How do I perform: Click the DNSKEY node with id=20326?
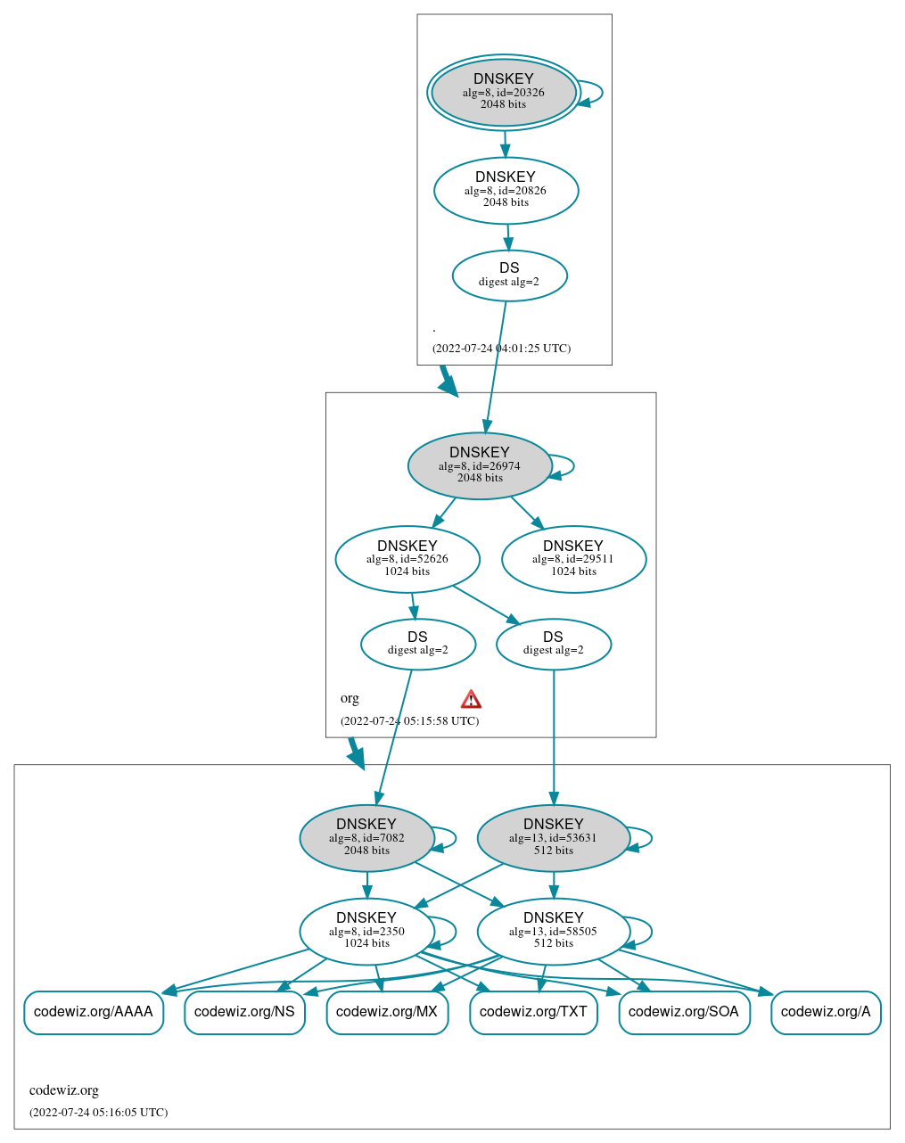tap(504, 92)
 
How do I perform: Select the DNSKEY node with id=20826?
tap(506, 190)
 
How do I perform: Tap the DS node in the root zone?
tap(509, 275)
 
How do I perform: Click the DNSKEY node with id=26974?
tap(480, 465)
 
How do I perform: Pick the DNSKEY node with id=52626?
tap(407, 559)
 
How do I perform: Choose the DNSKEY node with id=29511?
tap(573, 559)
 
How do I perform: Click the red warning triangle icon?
tap(471, 699)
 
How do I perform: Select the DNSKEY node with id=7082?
tap(366, 837)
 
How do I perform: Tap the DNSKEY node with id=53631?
tap(554, 837)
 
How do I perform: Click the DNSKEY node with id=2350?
tap(366, 931)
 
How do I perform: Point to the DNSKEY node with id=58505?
tap(554, 931)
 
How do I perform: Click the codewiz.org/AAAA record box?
tap(94, 1012)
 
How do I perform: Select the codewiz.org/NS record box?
tap(245, 1012)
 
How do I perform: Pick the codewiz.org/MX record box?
tap(387, 1012)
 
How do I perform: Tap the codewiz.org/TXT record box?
tap(533, 1012)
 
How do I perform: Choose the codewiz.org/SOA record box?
tap(684, 1012)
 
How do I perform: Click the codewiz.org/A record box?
tap(826, 1012)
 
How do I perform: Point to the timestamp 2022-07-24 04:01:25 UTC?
tap(501, 349)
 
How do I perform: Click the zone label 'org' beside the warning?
tap(350, 698)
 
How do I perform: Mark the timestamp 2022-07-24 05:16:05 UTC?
tap(98, 1113)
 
